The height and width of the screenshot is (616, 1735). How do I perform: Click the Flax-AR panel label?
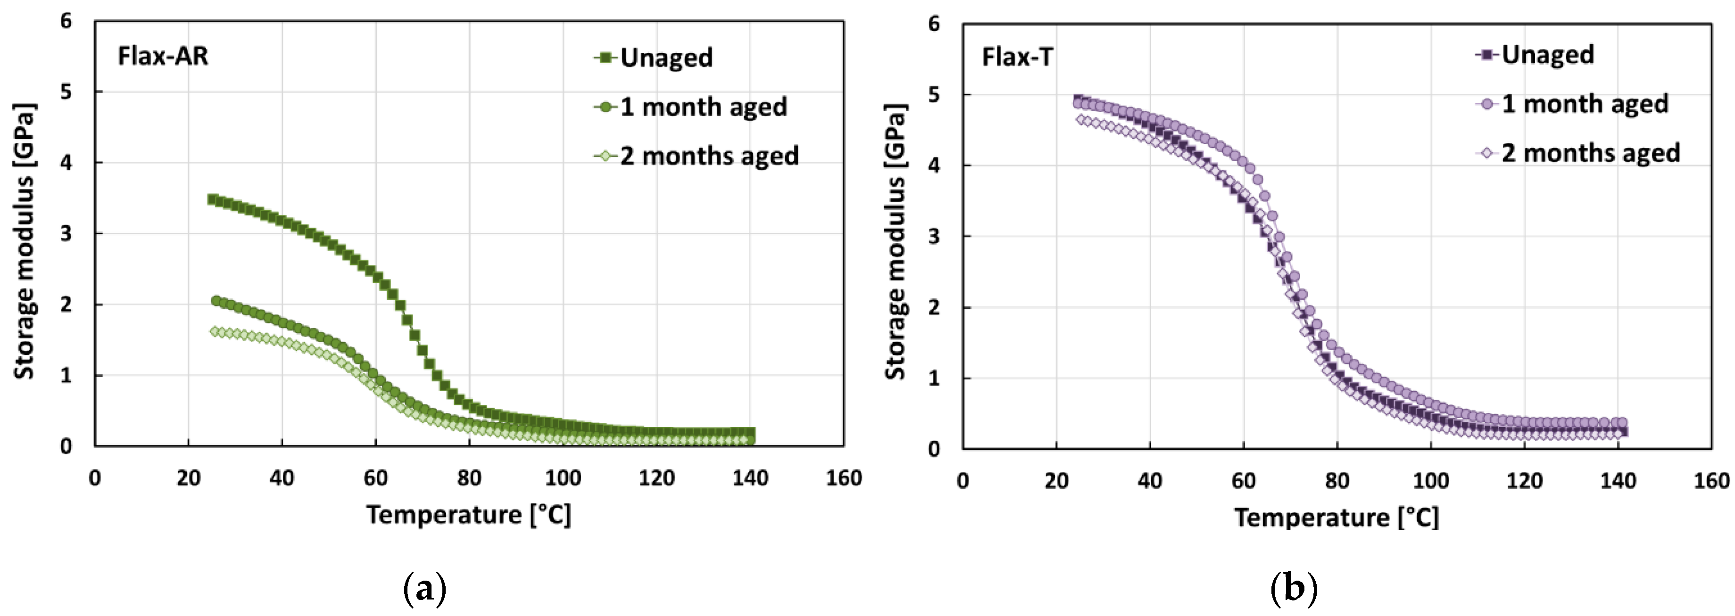[x=163, y=56]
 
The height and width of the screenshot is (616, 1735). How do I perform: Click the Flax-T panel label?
[x=1017, y=57]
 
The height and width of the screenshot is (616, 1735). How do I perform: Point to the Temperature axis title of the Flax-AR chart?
[x=469, y=515]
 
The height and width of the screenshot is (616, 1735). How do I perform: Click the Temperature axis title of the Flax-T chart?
[x=1337, y=517]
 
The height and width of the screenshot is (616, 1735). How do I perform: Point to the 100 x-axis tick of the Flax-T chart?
[x=1430, y=481]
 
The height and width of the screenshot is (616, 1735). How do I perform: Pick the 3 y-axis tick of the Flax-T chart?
[x=933, y=236]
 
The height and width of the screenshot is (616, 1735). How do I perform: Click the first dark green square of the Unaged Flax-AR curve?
[x=212, y=199]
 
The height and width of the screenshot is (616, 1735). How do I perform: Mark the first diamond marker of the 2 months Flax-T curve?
[x=1080, y=120]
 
